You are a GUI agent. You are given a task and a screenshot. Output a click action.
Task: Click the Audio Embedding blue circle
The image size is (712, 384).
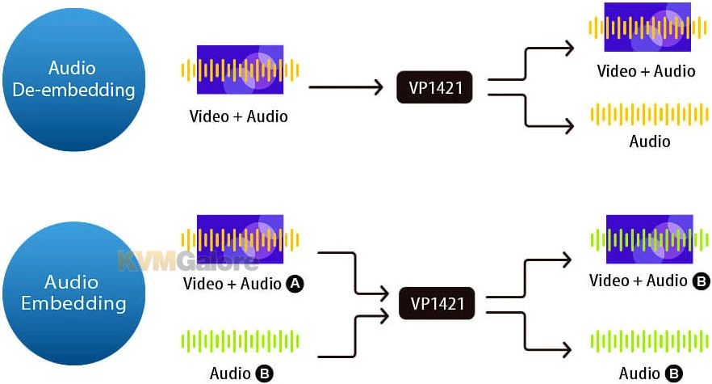tap(73, 293)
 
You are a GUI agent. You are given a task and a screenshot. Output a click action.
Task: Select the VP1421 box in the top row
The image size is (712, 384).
tap(436, 87)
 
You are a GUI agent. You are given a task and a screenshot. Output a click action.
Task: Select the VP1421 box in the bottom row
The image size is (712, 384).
tap(436, 305)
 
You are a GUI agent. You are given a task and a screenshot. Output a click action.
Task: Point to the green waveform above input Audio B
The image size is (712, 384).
tap(240, 340)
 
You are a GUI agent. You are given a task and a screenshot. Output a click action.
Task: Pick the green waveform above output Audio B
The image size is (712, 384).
tap(650, 340)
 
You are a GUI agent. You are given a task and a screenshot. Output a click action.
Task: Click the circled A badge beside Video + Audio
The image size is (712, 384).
tap(295, 284)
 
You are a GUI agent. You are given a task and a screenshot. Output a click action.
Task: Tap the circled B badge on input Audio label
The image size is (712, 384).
tap(264, 373)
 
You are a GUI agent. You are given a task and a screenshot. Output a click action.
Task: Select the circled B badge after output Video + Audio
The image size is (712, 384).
tap(702, 281)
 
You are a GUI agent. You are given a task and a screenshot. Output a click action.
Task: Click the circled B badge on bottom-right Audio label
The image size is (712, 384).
tap(673, 373)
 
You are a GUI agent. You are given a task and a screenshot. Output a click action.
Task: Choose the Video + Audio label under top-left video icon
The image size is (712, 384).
tap(238, 116)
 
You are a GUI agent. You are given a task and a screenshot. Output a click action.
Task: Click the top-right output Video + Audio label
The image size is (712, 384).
tap(646, 71)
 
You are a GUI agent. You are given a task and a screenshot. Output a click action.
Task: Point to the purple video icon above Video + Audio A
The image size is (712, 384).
tap(240, 239)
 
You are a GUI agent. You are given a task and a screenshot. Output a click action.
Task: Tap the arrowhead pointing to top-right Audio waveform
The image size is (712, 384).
tap(569, 126)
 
